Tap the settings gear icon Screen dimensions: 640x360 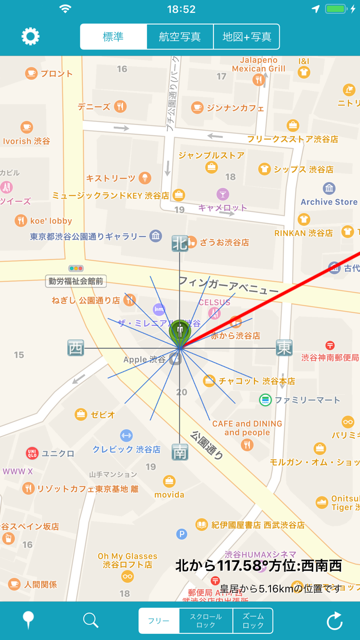point(30,37)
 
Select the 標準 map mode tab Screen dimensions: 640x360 point(114,37)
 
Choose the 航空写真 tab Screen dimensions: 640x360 point(179,37)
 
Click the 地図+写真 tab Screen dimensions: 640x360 point(247,37)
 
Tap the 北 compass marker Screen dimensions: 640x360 point(179,243)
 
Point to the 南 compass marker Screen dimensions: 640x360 point(179,452)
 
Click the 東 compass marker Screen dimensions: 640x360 point(284,348)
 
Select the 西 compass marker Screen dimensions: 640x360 point(76,348)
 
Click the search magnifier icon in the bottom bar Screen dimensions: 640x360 point(91,620)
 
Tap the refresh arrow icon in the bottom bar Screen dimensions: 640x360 point(334,621)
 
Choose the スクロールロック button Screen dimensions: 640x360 point(206,621)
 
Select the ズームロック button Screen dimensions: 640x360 point(253,621)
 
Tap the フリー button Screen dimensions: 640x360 point(158,621)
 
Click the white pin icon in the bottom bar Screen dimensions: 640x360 point(29,621)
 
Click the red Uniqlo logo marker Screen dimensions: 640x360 point(32,453)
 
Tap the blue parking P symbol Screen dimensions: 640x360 point(182,535)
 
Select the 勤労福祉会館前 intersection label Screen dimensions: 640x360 point(76,281)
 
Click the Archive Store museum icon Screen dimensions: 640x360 point(329,188)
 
